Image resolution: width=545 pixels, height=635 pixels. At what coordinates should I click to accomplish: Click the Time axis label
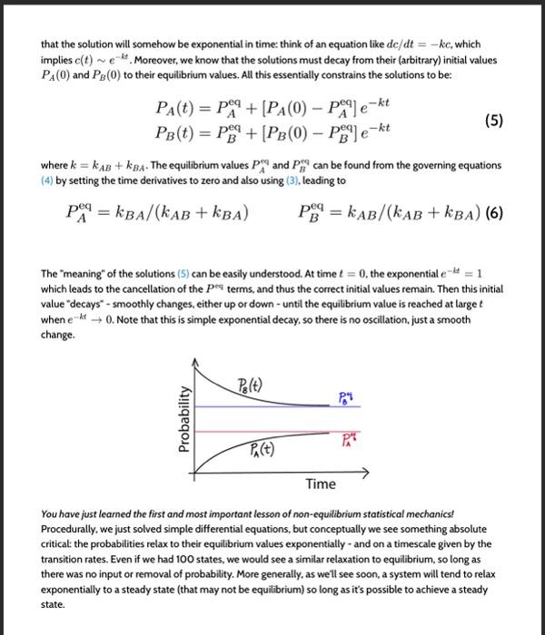tap(320, 484)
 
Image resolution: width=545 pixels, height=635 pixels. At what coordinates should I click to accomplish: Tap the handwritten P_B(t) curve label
tap(252, 384)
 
